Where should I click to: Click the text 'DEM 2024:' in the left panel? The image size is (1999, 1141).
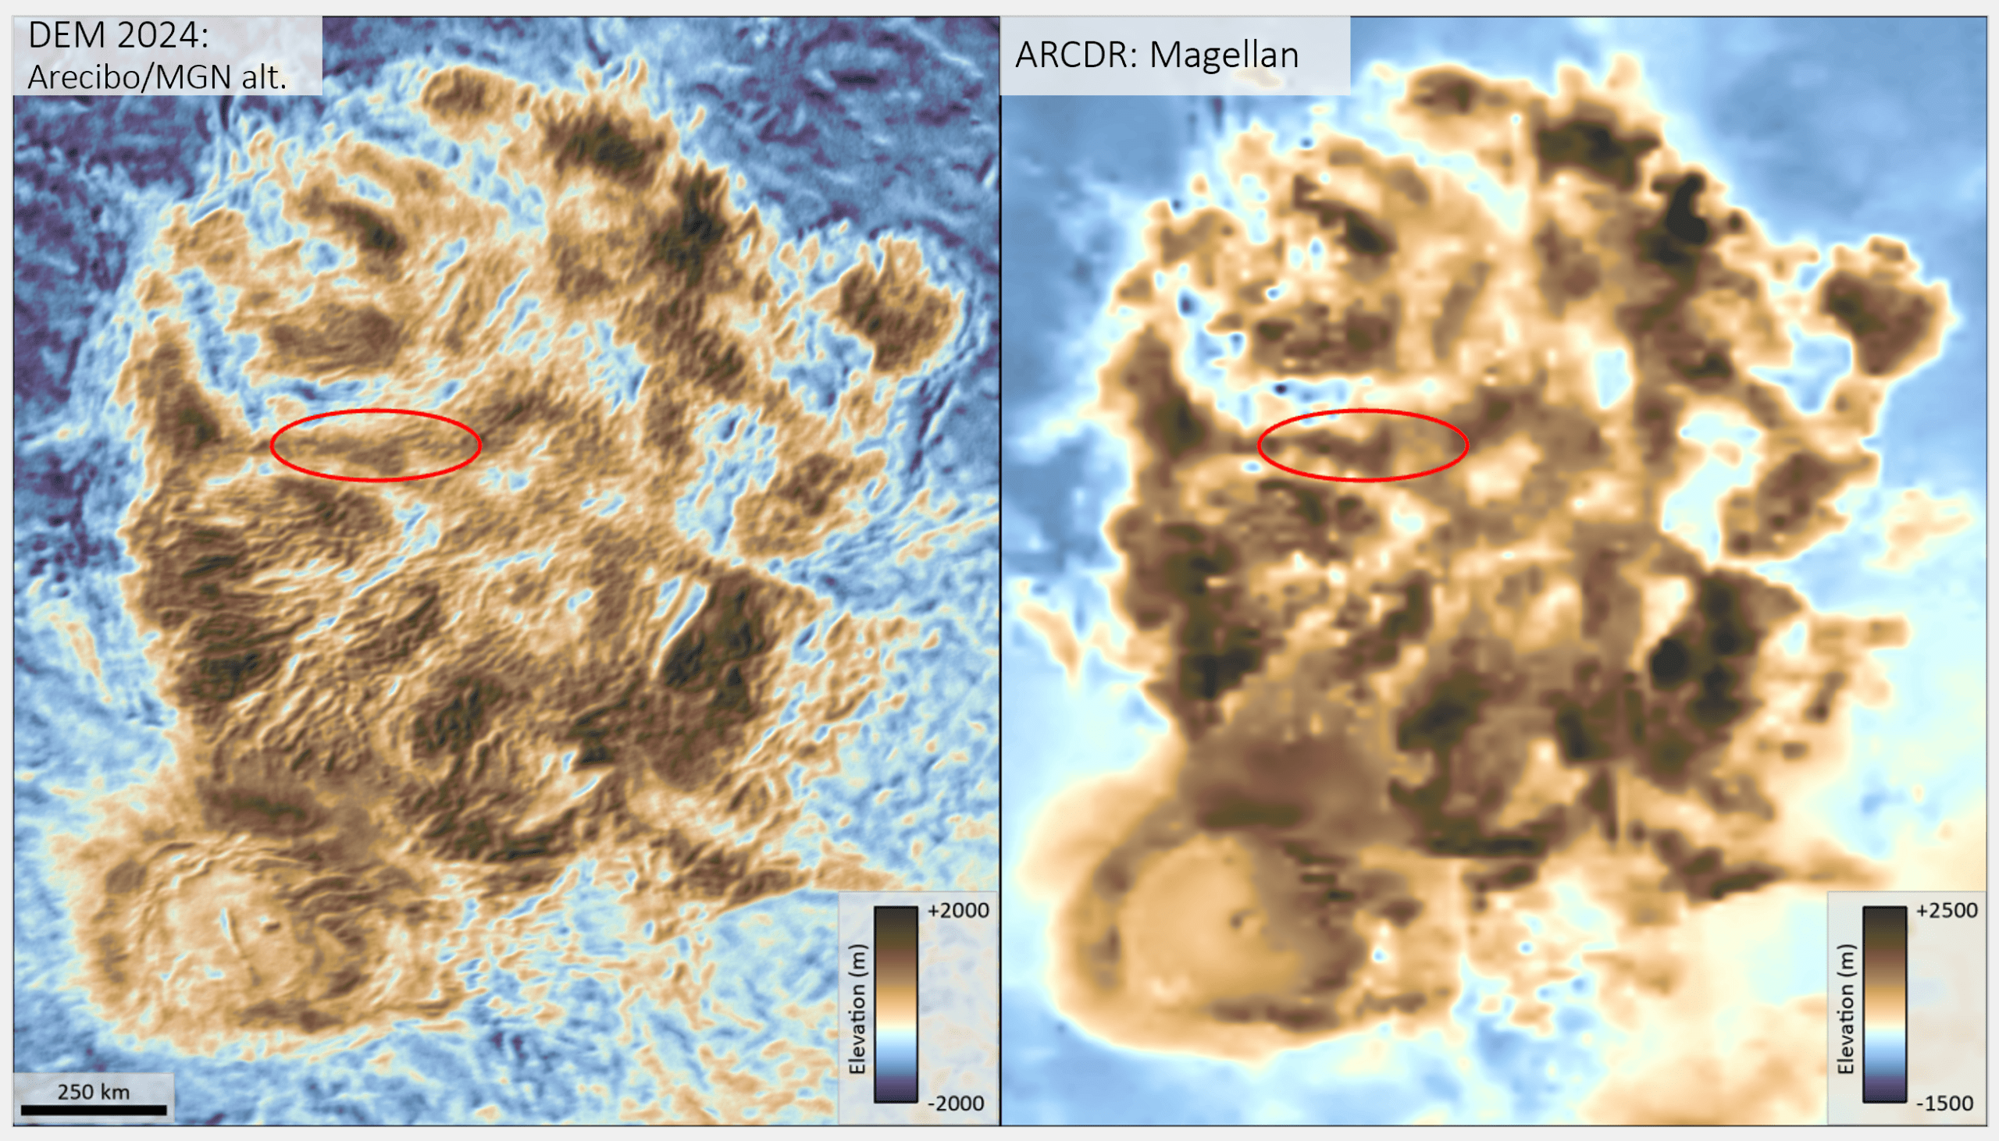tap(119, 36)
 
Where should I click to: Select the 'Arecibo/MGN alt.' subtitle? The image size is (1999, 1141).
tap(157, 76)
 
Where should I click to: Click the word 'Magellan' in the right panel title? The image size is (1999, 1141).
tap(1224, 55)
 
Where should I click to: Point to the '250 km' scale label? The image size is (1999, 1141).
tap(93, 1092)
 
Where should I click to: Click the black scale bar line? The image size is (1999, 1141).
tap(93, 1110)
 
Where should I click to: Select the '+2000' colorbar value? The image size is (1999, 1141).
tap(958, 911)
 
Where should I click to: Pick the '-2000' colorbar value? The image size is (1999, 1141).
tap(956, 1104)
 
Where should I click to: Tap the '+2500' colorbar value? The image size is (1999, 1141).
tap(1947, 911)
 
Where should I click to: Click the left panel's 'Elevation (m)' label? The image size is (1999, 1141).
tap(857, 1009)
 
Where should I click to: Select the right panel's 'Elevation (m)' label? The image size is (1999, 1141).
tap(1846, 1009)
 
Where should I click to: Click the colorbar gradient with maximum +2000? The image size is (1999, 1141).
tap(895, 1004)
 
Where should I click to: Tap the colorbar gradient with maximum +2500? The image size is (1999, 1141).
tap(1883, 1004)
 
